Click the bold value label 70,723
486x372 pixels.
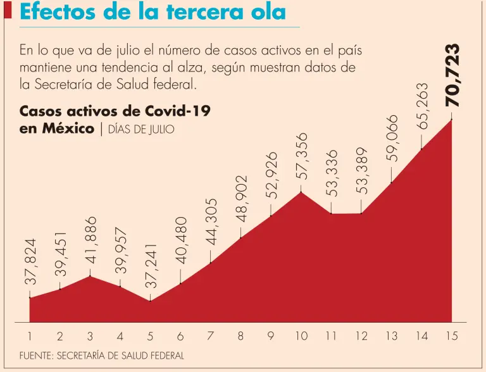tap(452, 75)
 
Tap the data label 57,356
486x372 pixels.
tap(302, 156)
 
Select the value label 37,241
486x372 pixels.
tap(151, 266)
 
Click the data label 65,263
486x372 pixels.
tap(422, 106)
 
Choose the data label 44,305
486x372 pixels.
tap(211, 221)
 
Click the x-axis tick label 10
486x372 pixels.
tap(301, 337)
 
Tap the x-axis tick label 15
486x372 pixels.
tap(451, 337)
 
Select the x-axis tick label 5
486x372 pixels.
tap(151, 337)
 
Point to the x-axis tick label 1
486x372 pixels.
tap(30, 337)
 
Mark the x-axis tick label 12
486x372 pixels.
tap(361, 337)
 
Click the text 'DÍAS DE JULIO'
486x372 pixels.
tap(137, 130)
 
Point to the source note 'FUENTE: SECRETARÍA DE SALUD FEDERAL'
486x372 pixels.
tap(102, 356)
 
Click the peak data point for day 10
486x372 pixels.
tap(301, 192)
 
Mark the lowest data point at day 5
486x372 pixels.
tap(151, 301)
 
